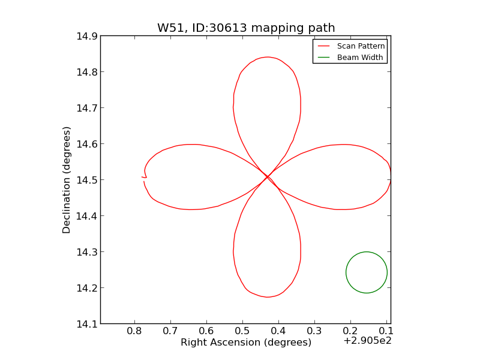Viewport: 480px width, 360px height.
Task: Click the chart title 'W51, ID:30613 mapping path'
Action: pyautogui.click(x=246, y=28)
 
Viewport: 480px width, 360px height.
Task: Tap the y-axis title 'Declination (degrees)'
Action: pyautogui.click(x=67, y=179)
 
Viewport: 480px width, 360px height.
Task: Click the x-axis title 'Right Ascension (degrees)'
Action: pyautogui.click(x=246, y=343)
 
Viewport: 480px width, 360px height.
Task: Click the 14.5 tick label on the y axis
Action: pyautogui.click(x=87, y=180)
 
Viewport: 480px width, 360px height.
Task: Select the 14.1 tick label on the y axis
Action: pyautogui.click(x=87, y=324)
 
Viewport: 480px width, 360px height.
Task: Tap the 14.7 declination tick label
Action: pyautogui.click(x=87, y=108)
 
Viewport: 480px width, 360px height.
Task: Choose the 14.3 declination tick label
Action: pyautogui.click(x=87, y=252)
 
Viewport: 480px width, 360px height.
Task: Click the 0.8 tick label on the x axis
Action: pyautogui.click(x=135, y=331)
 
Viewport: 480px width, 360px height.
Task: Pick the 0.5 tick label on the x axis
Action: pyautogui.click(x=242, y=331)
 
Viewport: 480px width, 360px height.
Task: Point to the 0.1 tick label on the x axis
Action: pyautogui.click(x=386, y=331)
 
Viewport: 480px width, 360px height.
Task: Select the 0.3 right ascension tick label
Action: pyautogui.click(x=314, y=331)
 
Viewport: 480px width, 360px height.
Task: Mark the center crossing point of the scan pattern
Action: pyautogui.click(x=268, y=177)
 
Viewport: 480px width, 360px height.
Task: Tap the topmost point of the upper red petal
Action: pyautogui.click(x=267, y=57)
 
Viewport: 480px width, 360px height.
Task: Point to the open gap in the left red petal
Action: pyautogui.click(x=145, y=179)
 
